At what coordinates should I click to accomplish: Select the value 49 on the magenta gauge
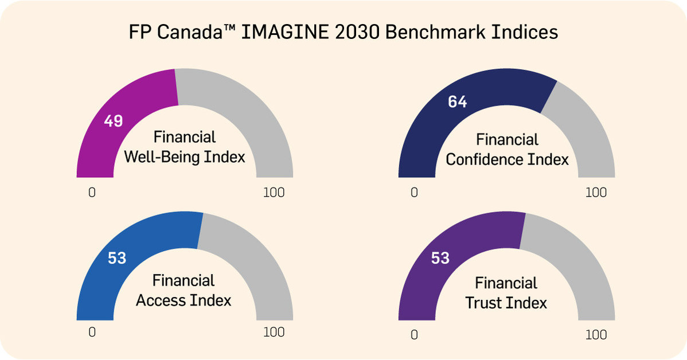(114, 121)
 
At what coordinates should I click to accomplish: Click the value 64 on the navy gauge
(458, 102)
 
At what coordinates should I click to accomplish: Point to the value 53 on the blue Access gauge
(117, 259)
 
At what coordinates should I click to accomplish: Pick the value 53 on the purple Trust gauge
(440, 259)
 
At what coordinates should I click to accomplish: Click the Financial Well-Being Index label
(185, 147)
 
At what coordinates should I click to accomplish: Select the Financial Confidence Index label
(507, 149)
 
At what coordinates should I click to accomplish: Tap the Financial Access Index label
(184, 290)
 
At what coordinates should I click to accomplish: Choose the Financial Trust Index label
(506, 292)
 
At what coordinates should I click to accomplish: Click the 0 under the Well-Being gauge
(92, 193)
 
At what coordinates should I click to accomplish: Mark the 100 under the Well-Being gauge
(274, 193)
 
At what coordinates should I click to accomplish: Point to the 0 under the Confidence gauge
(414, 193)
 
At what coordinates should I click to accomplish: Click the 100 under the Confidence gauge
(596, 193)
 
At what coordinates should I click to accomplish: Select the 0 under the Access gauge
(92, 332)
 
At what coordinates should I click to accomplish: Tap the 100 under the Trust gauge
(596, 334)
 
